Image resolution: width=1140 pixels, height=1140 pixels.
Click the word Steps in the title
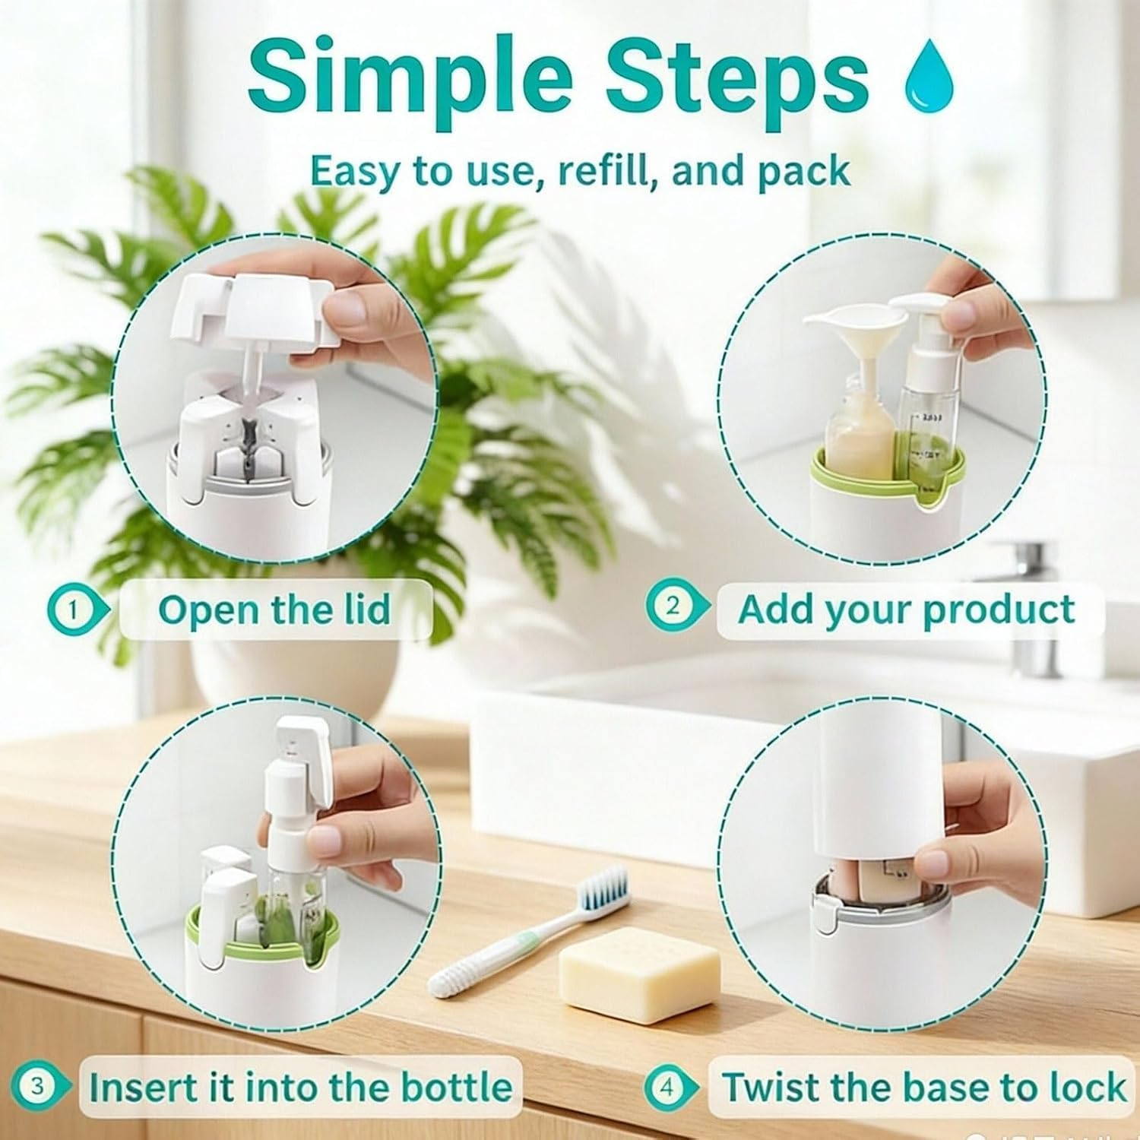(736, 76)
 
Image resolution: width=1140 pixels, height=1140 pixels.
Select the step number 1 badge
(74, 610)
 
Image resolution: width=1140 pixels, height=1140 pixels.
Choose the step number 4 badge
(667, 1088)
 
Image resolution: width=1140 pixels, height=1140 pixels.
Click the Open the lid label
(274, 610)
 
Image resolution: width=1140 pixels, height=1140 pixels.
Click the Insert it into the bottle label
(300, 1087)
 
